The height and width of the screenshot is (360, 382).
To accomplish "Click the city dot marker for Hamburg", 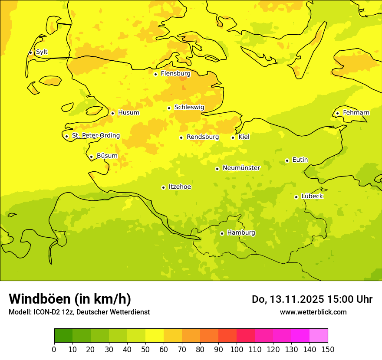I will tap(222, 233).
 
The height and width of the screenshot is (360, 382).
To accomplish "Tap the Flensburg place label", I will tap(175, 74).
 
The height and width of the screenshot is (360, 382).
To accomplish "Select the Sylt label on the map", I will tap(42, 52).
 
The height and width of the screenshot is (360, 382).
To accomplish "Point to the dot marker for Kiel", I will tap(233, 137).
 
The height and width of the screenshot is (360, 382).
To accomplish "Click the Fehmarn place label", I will tap(356, 113).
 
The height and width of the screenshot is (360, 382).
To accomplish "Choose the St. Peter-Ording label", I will tap(95, 136).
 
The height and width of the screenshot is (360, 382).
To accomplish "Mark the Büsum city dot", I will tap(91, 157).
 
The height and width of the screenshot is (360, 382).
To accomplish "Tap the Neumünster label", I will tap(241, 168).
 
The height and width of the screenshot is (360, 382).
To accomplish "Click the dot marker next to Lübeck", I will tap(296, 197).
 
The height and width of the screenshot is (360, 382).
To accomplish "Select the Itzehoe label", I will tap(179, 187).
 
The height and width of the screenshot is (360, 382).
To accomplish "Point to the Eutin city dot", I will tap(287, 160).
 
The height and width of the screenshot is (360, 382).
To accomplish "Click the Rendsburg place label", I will tap(202, 137).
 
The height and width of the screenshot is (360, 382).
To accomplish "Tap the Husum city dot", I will tap(112, 113).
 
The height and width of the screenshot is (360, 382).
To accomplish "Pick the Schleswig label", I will tap(189, 108).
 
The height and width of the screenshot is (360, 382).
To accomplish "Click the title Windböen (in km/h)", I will tap(70, 299).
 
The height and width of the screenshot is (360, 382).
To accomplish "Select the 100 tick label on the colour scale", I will tap(237, 349).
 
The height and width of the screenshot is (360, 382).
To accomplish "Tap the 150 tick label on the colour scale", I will tap(328, 349).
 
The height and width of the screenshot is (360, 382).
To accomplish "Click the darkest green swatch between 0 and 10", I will tap(63, 336).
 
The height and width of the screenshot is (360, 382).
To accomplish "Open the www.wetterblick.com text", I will tap(313, 312).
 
